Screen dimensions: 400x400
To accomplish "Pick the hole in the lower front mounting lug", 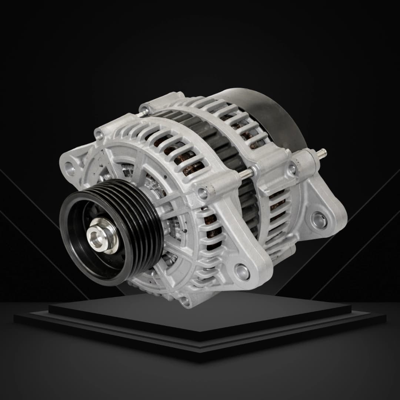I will pyautogui.click(x=242, y=270).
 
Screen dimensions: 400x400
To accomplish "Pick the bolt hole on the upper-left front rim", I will pyautogui.click(x=99, y=136).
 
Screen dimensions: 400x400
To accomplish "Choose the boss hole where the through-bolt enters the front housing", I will pyautogui.click(x=202, y=192).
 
